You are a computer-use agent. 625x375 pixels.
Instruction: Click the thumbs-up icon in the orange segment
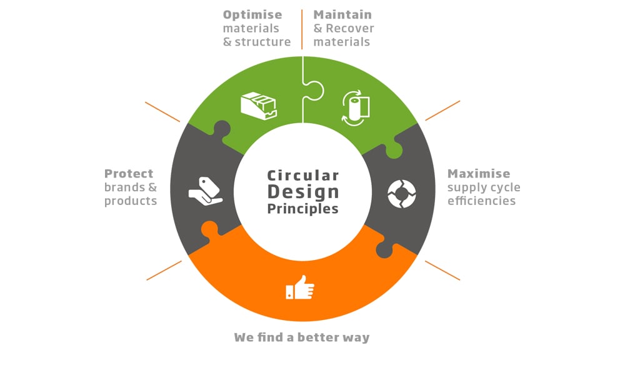[300, 287]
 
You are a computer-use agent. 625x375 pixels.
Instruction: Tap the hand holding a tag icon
[205, 191]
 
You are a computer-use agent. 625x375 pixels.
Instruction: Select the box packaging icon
[259, 106]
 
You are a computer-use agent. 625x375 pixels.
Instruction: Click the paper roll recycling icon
[356, 107]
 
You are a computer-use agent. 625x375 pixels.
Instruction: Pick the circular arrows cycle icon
[402, 194]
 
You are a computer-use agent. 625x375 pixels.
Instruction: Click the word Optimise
[252, 15]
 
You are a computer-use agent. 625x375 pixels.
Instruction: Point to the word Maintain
[342, 15]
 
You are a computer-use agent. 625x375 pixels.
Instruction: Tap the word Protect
[129, 174]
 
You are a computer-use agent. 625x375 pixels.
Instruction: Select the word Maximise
[479, 174]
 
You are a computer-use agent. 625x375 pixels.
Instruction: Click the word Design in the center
[303, 192]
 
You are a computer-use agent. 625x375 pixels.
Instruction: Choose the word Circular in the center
[303, 176]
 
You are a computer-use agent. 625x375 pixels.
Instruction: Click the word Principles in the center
[303, 209]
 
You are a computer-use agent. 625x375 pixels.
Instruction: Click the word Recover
[350, 28]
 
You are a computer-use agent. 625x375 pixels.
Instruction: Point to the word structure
[262, 42]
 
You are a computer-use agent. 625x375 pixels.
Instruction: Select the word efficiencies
[481, 201]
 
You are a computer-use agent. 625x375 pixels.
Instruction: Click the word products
[131, 201]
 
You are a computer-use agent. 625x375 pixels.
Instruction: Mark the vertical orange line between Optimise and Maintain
[302, 29]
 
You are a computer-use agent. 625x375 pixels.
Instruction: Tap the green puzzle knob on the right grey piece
[393, 150]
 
